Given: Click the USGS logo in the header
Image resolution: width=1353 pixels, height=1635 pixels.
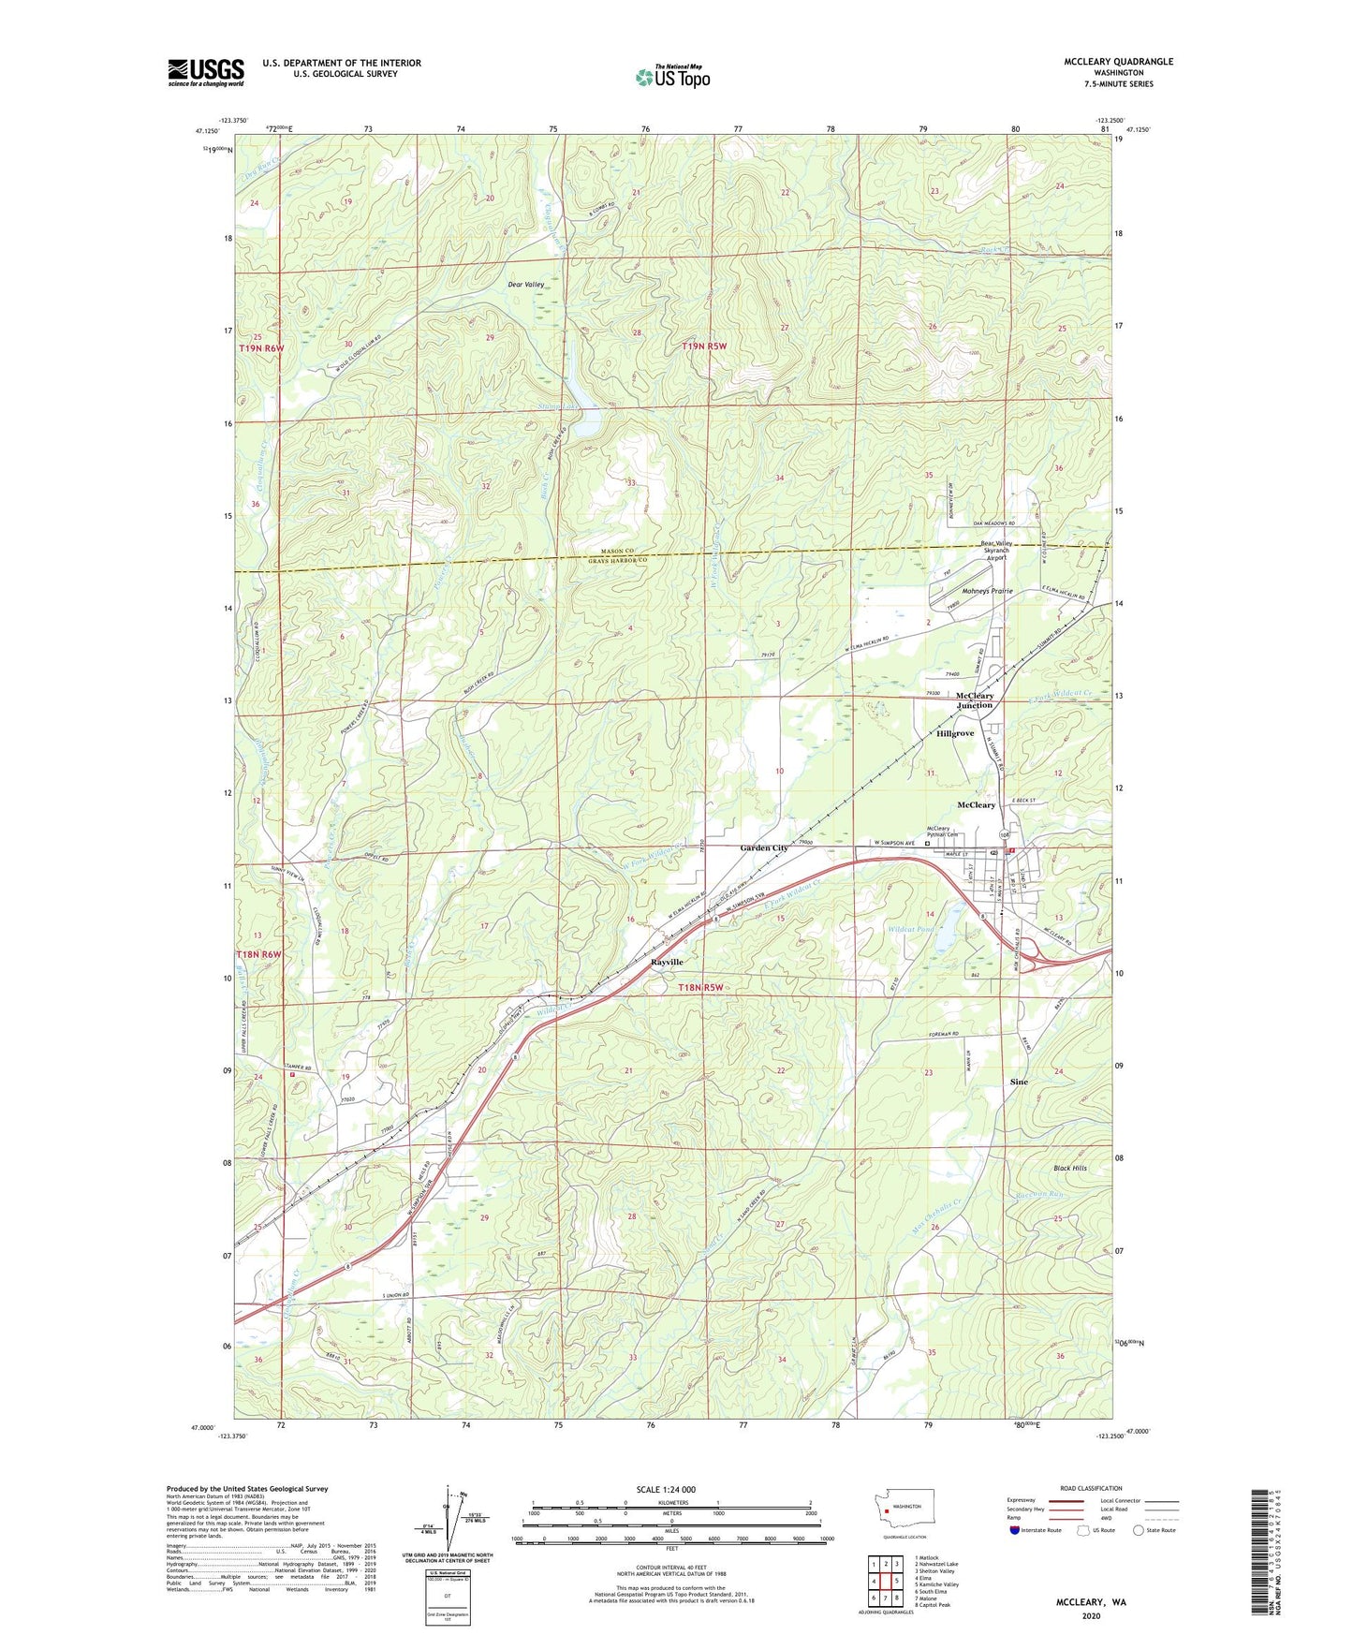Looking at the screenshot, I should (x=205, y=72).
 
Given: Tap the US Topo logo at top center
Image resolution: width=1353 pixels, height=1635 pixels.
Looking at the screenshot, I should (x=672, y=77).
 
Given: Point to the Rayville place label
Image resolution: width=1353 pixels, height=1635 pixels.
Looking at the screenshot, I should (x=668, y=963).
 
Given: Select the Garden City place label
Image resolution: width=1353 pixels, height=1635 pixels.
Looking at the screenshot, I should (x=764, y=847).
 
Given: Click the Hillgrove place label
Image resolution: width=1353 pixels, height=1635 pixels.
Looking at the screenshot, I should (x=955, y=733).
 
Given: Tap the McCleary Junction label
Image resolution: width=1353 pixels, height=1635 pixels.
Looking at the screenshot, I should (x=975, y=700).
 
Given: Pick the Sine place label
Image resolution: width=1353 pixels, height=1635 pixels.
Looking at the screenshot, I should (x=1019, y=1082).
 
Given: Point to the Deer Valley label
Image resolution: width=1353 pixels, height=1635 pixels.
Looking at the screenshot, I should (x=525, y=285).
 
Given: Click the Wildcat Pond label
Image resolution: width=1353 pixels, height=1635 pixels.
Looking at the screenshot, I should (x=909, y=929).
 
